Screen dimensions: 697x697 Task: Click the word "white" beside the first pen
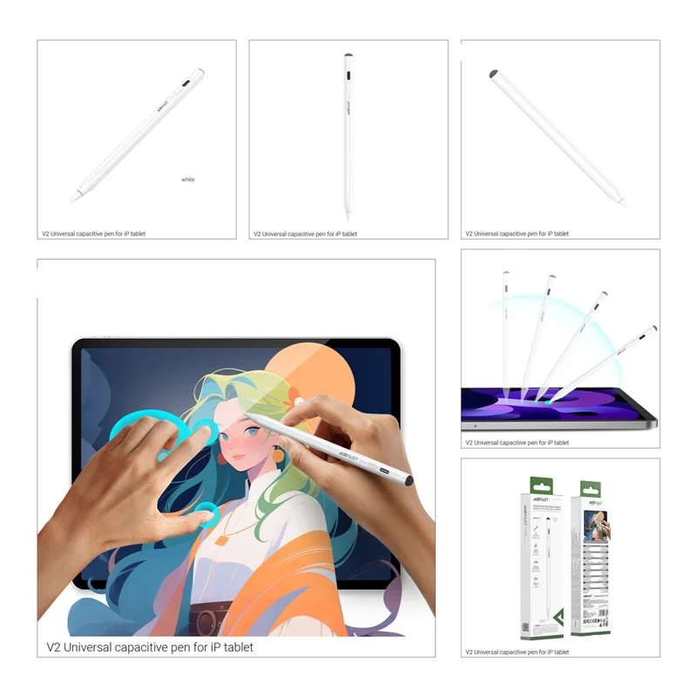188,179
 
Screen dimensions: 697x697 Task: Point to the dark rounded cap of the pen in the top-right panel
494,74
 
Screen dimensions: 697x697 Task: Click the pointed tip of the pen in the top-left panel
74,199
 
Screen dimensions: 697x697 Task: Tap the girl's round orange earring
279,454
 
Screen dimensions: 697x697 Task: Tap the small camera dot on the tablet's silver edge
474,426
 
